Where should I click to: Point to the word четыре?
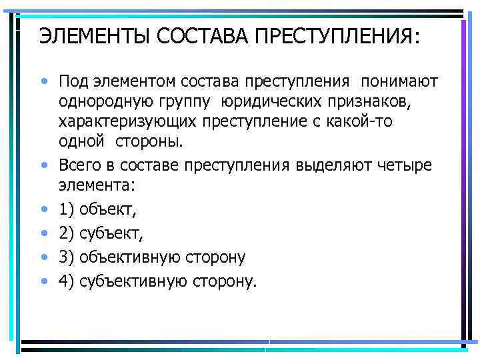pyautogui.click(x=403, y=165)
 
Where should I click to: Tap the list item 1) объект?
pyautogui.click(x=97, y=210)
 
